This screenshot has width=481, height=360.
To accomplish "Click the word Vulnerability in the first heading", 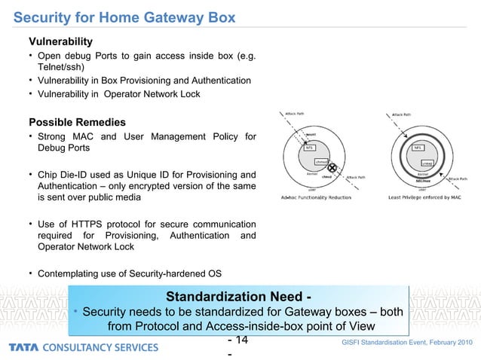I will (60, 40).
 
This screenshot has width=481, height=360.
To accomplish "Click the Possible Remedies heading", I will (77, 122).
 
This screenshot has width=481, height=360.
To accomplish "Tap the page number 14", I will (241, 340).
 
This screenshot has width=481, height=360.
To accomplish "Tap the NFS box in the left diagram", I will (309, 148).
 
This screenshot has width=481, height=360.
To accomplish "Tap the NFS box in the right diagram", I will (418, 148).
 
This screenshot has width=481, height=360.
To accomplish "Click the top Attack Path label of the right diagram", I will (400, 115).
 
